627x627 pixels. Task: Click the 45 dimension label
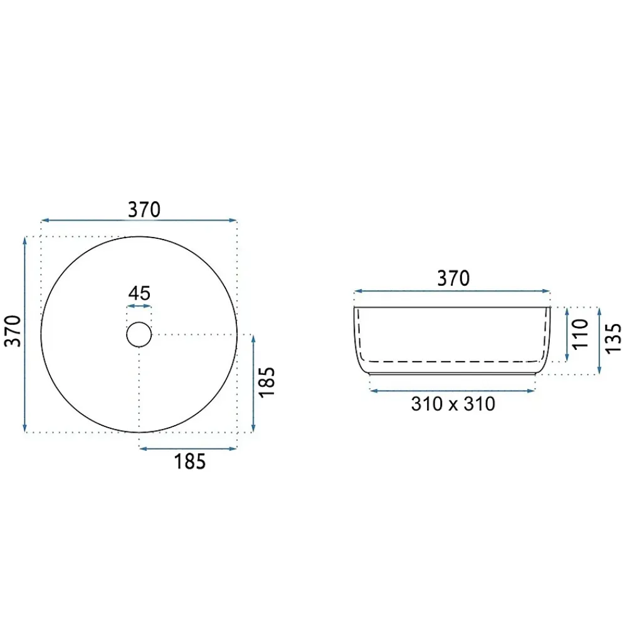tap(139, 293)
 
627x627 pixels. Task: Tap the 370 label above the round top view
tap(144, 209)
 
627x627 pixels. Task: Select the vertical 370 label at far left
tap(13, 331)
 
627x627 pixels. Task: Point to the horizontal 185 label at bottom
tap(189, 461)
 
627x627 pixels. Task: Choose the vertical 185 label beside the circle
tap(266, 382)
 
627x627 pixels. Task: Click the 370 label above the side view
tap(453, 278)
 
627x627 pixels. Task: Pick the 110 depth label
tap(581, 334)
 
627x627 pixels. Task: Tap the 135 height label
tap(613, 339)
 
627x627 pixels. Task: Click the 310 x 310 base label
tap(453, 404)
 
